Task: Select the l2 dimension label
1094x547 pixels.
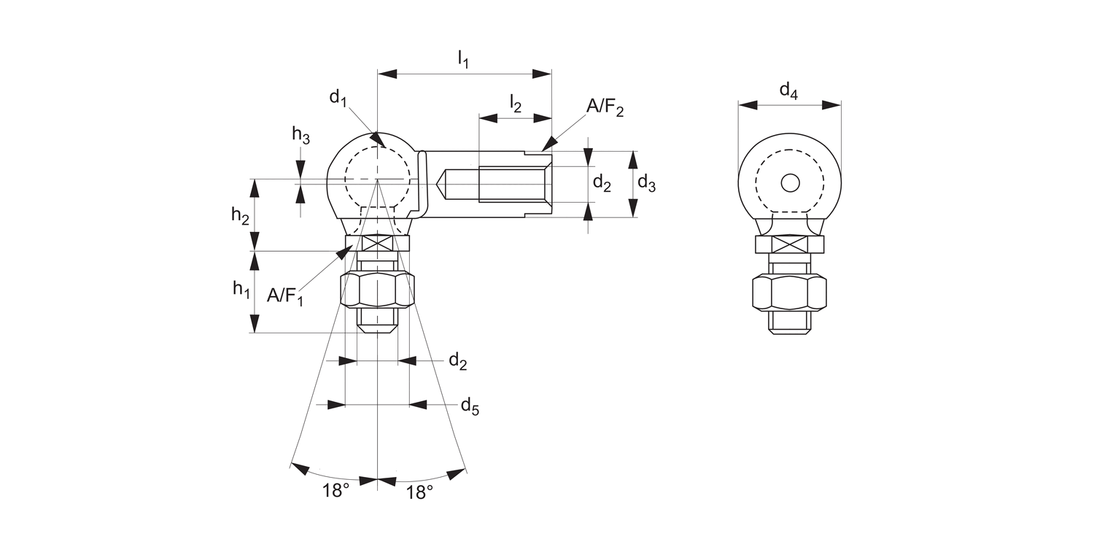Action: tap(515, 104)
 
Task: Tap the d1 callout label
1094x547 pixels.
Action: tap(337, 97)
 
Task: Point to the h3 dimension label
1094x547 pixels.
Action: tap(300, 134)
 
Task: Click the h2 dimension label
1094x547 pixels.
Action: tap(240, 214)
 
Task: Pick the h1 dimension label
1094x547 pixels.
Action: tap(241, 290)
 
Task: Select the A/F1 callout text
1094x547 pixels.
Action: tap(284, 296)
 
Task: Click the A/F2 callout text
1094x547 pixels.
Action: tap(605, 108)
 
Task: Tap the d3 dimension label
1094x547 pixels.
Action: tap(646, 183)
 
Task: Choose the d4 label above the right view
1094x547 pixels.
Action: tap(788, 90)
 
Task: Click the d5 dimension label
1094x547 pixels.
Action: tap(470, 406)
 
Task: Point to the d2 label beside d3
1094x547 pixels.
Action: tap(602, 183)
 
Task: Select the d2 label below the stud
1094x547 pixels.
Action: tap(457, 361)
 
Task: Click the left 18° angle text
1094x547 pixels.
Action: tap(336, 492)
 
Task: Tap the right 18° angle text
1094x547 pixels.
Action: tap(419, 492)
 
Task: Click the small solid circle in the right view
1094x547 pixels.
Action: tap(790, 182)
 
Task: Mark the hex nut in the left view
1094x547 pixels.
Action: tap(377, 290)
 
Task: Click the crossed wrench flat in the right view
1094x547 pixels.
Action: tap(789, 244)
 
